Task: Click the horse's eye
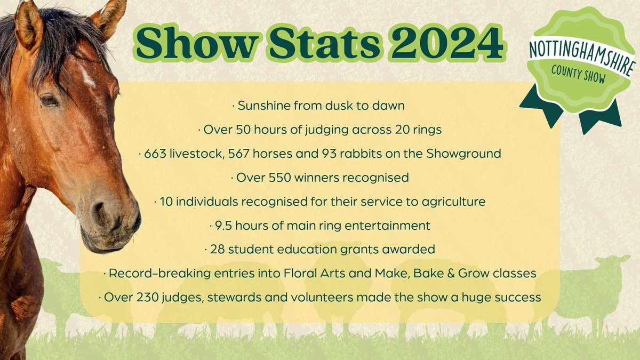click(x=50, y=100)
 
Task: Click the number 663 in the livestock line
click(x=153, y=154)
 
